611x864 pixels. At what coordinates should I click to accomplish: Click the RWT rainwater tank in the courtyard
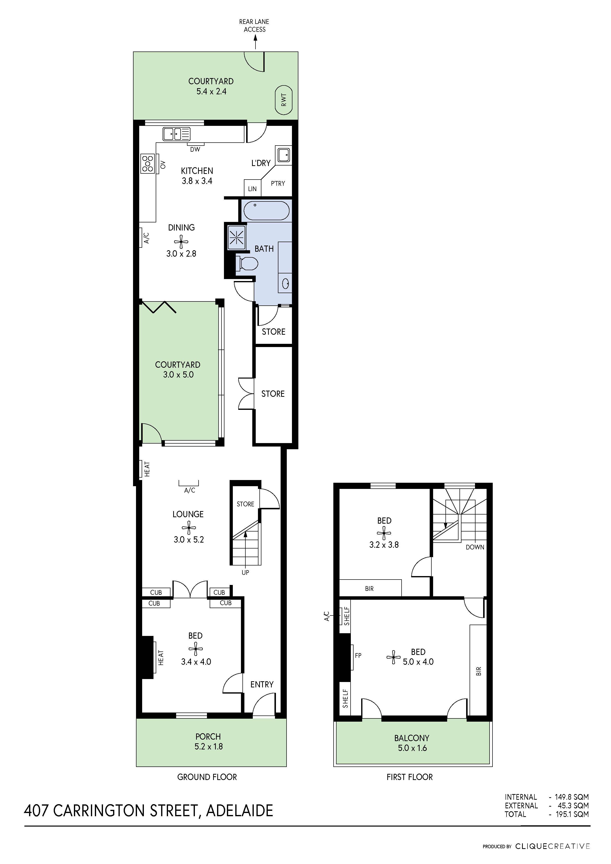point(284,100)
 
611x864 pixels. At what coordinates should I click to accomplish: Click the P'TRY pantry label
point(278,183)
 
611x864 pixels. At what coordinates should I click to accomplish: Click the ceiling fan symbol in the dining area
point(181,241)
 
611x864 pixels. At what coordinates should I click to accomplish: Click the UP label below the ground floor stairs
point(245,573)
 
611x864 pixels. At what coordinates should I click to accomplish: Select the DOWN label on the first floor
point(475,547)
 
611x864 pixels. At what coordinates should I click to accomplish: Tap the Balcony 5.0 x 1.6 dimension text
point(412,748)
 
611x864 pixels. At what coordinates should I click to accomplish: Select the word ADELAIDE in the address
point(239,811)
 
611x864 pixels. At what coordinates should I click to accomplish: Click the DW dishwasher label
point(195,150)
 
